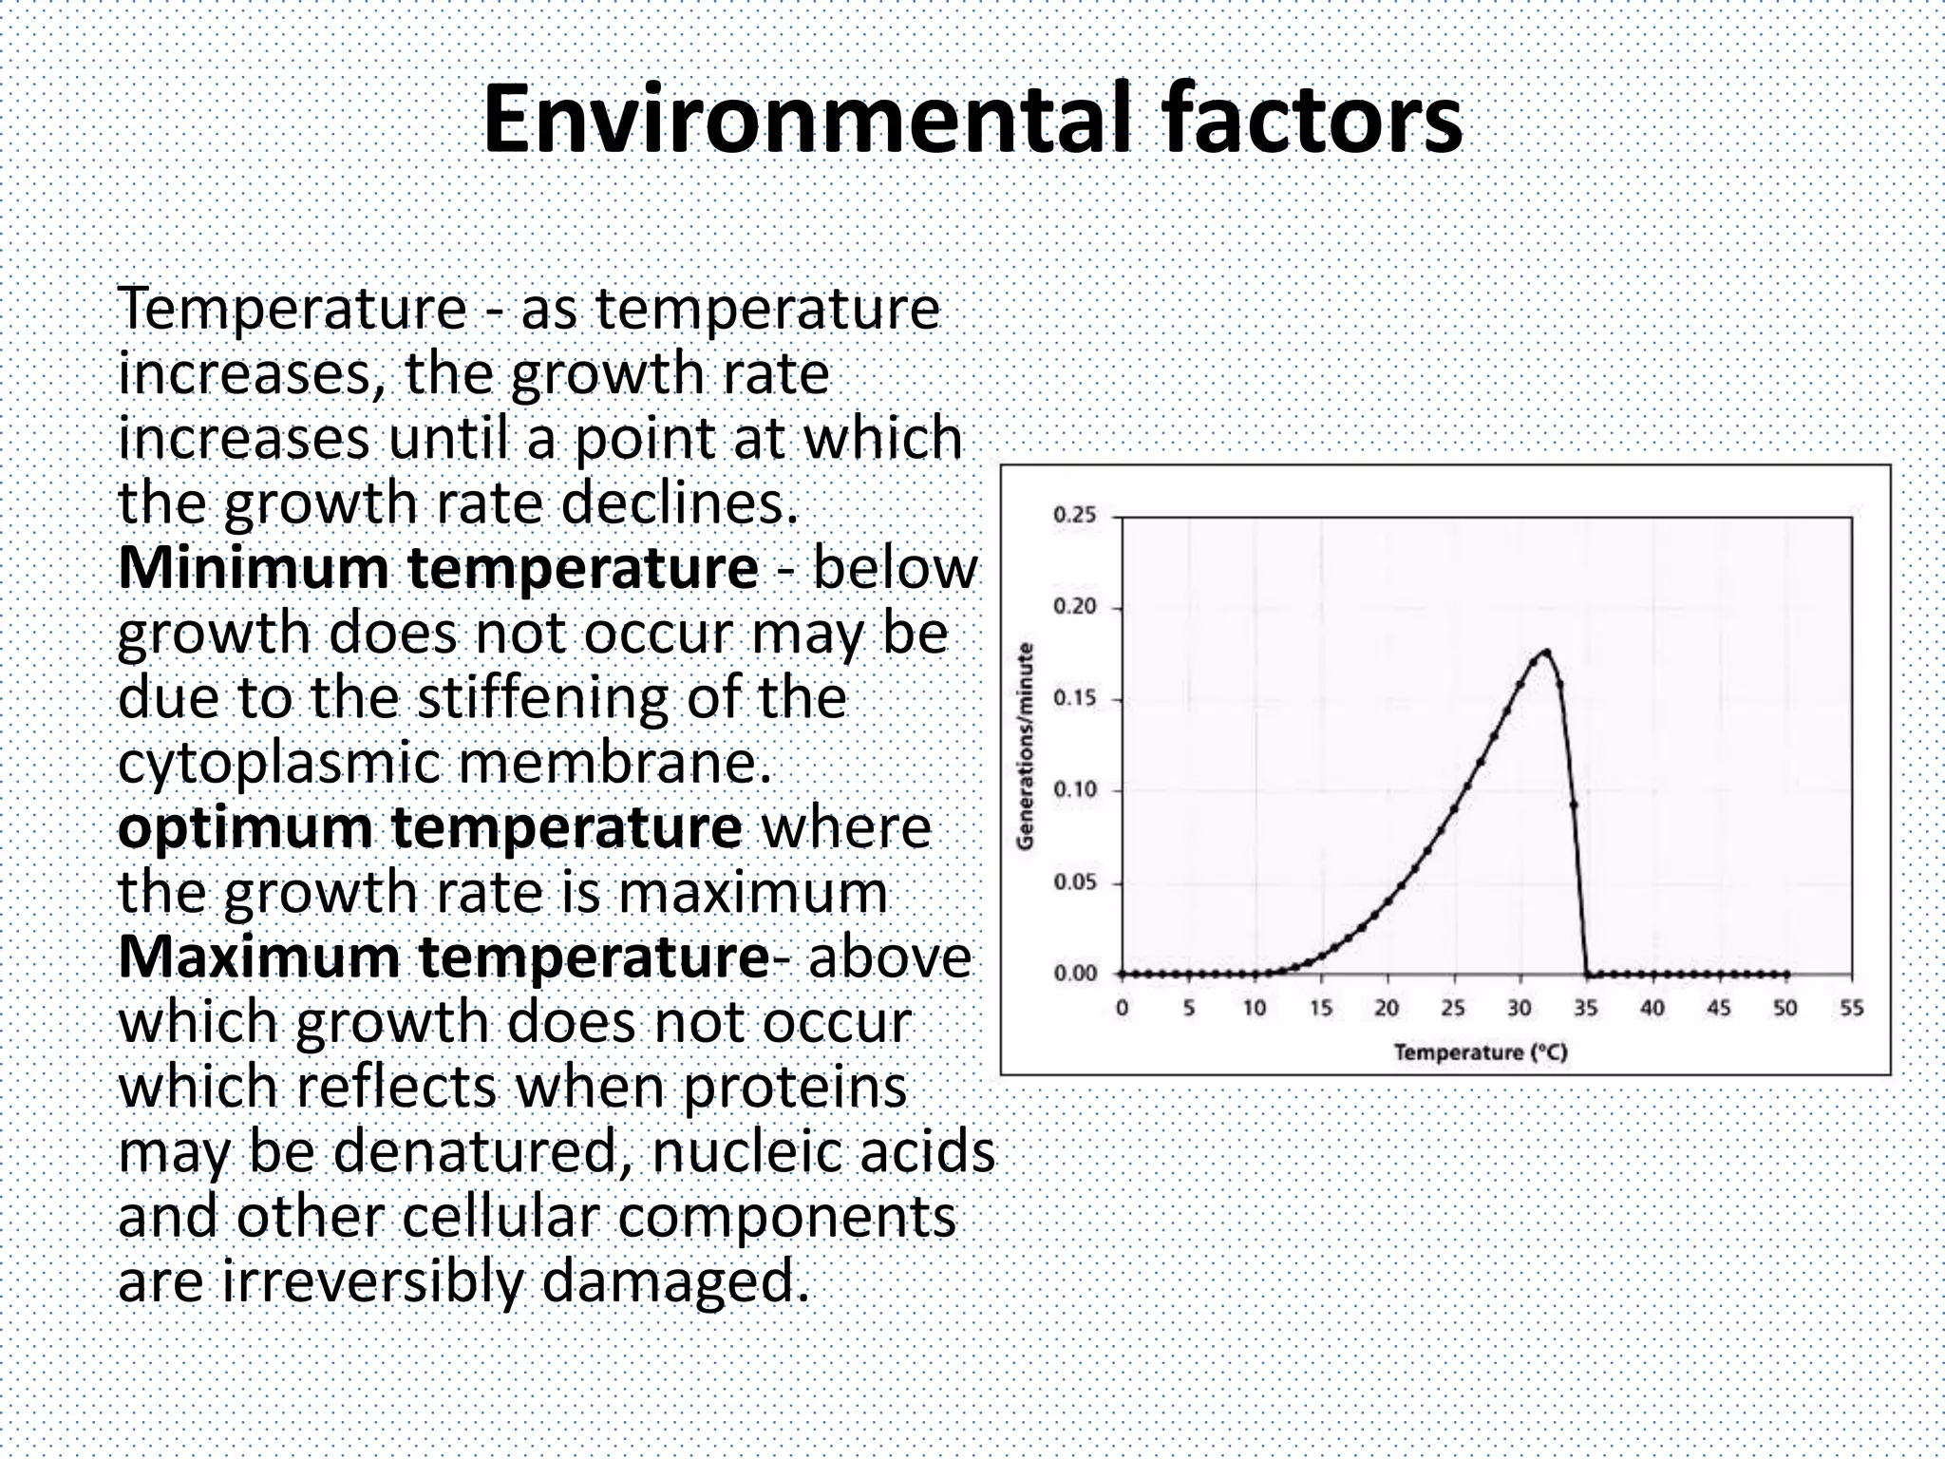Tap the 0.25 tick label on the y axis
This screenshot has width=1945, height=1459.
1074,516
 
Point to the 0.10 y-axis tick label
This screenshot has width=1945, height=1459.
1074,790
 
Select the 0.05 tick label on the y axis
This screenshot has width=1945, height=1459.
1074,882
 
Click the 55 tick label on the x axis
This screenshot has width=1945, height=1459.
1851,1009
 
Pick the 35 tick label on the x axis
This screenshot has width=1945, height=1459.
1586,1009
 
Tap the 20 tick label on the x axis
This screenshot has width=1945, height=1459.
1387,1009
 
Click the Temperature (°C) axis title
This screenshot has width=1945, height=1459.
1481,1052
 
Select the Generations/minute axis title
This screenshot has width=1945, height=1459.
1025,747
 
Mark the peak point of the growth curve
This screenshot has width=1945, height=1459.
1547,652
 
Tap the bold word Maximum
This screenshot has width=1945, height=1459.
259,957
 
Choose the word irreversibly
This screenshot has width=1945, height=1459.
372,1281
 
